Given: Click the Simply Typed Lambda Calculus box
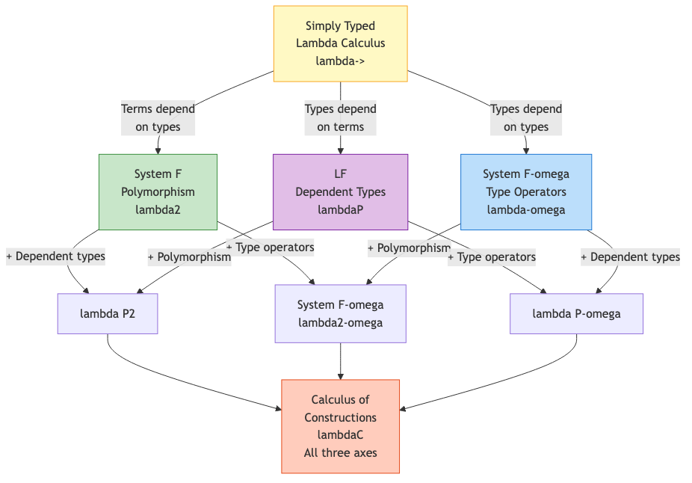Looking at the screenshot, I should pyautogui.click(x=340, y=43).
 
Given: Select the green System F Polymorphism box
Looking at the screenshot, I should pyautogui.click(x=158, y=191).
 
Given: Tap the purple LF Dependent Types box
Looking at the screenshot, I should pyautogui.click(x=340, y=191).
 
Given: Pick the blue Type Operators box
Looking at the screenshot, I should pyautogui.click(x=525, y=191).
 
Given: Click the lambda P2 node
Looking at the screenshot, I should pyautogui.click(x=108, y=313).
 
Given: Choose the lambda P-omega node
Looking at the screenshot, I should pyautogui.click(x=576, y=313).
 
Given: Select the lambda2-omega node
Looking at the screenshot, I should pyautogui.click(x=340, y=313).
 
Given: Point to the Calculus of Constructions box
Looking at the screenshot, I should pyautogui.click(x=340, y=426).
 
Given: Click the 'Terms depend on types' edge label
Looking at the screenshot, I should pyautogui.click(x=158, y=117).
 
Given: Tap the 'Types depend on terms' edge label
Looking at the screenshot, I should pyautogui.click(x=340, y=117).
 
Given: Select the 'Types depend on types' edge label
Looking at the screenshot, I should pyautogui.click(x=525, y=117).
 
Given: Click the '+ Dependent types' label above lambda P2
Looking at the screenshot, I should pyautogui.click(x=56, y=256).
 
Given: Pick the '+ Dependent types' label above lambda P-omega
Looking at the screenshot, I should pyautogui.click(x=630, y=256).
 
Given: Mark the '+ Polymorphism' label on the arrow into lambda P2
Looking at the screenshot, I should pyautogui.click(x=189, y=257).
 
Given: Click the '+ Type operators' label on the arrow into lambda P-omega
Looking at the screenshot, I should pyautogui.click(x=492, y=257).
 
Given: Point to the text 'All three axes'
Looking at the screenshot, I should pyautogui.click(x=340, y=452).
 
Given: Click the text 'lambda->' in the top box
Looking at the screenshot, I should pyautogui.click(x=340, y=61).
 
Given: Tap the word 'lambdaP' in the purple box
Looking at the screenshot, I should pyautogui.click(x=340, y=209).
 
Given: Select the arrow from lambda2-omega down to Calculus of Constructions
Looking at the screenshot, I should pyautogui.click(x=341, y=360).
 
